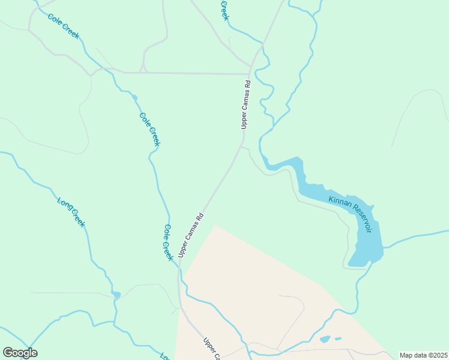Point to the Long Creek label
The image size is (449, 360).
[71, 212]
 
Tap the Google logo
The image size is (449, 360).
[20, 353]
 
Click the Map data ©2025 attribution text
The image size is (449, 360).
[423, 355]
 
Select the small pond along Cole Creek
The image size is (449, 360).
[134, 98]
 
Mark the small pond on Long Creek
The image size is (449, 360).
[116, 295]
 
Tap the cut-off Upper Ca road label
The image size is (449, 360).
[211, 350]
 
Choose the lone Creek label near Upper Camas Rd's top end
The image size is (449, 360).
[224, 10]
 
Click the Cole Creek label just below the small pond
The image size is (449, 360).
[149, 129]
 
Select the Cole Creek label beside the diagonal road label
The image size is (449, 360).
[167, 242]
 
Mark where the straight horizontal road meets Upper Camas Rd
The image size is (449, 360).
[249, 74]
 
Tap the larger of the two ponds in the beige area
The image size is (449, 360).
[325, 340]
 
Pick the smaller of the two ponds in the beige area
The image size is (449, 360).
[338, 338]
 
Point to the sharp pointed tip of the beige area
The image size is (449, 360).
[214, 226]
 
